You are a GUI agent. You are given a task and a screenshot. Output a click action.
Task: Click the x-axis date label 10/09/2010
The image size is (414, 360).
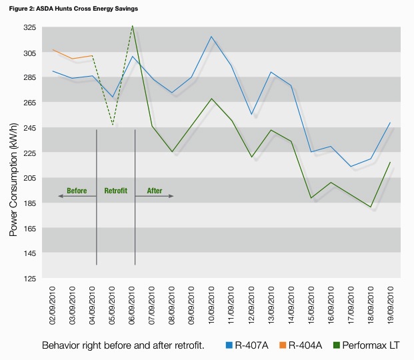pos(211,303)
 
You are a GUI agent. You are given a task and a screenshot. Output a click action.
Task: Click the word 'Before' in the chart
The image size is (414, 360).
pos(77,191)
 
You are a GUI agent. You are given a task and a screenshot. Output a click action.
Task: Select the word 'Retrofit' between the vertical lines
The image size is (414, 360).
pos(115,191)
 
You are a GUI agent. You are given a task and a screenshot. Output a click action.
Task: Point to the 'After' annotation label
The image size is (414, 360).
pos(154,191)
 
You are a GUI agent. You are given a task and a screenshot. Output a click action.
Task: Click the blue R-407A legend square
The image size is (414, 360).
pos(229,345)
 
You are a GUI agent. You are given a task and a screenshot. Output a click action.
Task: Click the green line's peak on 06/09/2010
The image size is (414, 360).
pos(133,26)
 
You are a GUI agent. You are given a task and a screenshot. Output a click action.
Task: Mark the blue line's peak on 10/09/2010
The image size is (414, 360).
pos(211,37)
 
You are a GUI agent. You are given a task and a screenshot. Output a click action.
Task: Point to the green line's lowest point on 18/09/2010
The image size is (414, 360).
pos(370,207)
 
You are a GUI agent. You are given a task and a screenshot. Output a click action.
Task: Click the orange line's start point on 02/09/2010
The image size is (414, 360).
pos(53,50)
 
